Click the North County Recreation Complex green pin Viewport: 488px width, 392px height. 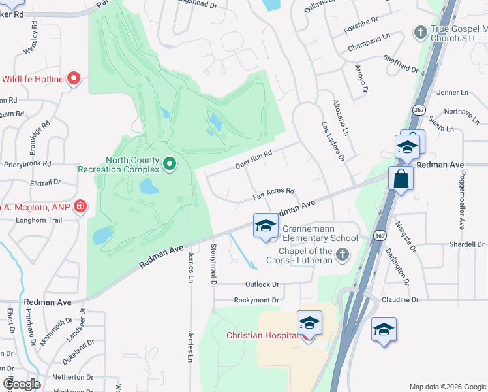coord(170,163)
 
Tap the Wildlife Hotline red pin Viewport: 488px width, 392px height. coord(73,80)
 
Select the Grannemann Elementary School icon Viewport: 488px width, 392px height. coord(266,226)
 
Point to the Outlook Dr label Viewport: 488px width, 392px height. coord(262,284)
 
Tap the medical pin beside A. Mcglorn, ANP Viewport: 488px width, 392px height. coord(80,207)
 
